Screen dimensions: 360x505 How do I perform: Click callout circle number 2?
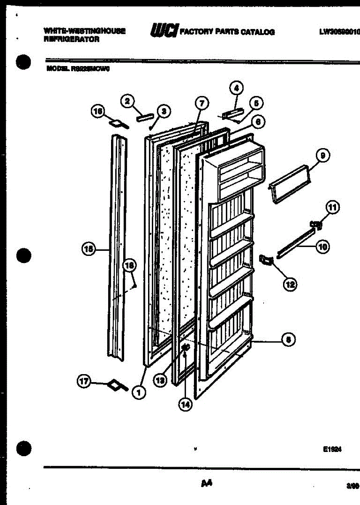127,101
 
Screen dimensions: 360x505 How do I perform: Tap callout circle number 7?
201,103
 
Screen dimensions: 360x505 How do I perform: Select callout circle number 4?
236,88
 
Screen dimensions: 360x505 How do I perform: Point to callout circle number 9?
323,156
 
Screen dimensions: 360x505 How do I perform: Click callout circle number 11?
333,207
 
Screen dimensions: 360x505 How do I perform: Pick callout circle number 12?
290,284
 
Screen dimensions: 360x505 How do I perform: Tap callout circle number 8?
288,340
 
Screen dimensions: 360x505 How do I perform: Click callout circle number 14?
185,404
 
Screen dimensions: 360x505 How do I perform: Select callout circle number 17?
85,382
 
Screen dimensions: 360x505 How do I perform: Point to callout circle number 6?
258,122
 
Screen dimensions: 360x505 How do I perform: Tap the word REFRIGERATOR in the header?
71,40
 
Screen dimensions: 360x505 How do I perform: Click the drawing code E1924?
332,449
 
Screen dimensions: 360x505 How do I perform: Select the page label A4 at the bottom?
206,484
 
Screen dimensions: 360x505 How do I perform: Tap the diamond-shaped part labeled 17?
114,384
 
